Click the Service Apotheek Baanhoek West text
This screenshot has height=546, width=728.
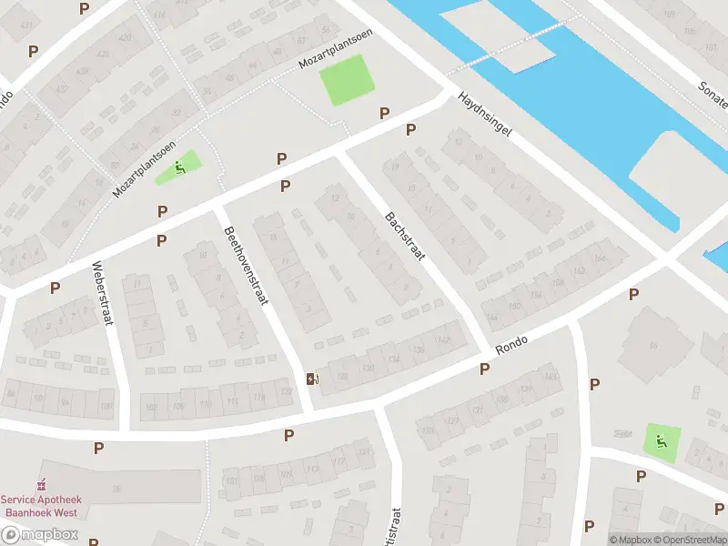pyautogui.click(x=40, y=505)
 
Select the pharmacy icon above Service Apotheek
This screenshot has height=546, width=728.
pyautogui.click(x=40, y=484)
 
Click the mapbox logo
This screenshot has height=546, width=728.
pyautogui.click(x=38, y=535)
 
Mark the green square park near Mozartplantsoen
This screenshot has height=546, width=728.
pyautogui.click(x=348, y=79)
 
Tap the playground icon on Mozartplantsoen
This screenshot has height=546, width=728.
pyautogui.click(x=182, y=166)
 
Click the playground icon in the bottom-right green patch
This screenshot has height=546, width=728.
pyautogui.click(x=662, y=443)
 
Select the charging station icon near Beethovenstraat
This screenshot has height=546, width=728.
pyautogui.click(x=313, y=379)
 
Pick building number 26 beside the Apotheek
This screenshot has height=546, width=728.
pyautogui.click(x=116, y=489)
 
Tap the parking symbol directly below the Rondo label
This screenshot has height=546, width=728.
pyautogui.click(x=484, y=369)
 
